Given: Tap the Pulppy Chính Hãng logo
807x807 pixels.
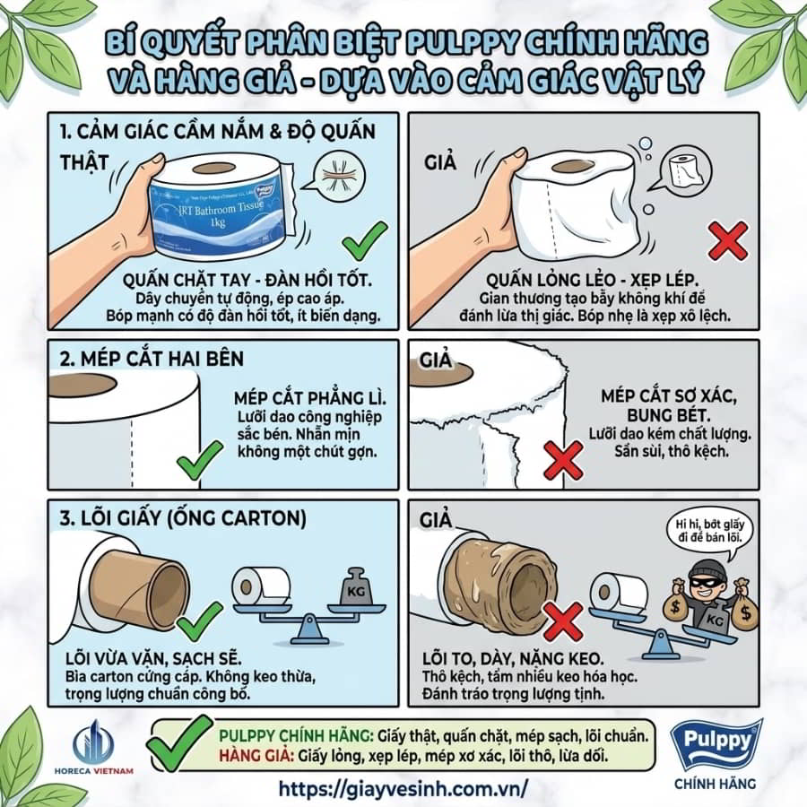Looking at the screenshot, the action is pyautogui.click(x=715, y=754).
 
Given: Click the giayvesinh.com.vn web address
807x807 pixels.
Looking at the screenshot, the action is pyautogui.click(x=403, y=788).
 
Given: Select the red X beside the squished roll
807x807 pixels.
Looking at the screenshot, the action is pyautogui.click(x=728, y=241).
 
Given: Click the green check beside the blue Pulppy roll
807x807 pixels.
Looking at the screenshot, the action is pyautogui.click(x=365, y=240).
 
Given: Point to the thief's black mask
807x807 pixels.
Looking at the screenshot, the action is pyautogui.click(x=705, y=582).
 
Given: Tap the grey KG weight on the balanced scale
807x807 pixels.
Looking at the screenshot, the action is pyautogui.click(x=356, y=587).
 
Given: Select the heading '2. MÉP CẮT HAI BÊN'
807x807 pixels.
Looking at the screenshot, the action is pyautogui.click(x=152, y=359).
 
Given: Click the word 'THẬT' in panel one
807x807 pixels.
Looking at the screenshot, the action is pyautogui.click(x=85, y=162).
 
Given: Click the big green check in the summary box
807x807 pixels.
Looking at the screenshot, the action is pyautogui.click(x=179, y=742).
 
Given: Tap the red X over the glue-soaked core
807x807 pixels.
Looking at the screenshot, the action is pyautogui.click(x=563, y=622).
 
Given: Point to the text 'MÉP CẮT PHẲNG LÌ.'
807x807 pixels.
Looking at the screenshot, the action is pyautogui.click(x=310, y=398).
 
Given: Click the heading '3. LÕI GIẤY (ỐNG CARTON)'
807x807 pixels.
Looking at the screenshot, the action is pyautogui.click(x=183, y=518).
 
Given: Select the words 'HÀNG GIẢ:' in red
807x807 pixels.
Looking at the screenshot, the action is pyautogui.click(x=256, y=756).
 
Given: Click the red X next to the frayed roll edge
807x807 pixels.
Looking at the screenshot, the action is pyautogui.click(x=564, y=460).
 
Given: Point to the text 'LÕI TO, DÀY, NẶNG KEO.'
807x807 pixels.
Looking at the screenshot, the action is pyautogui.click(x=513, y=659).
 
